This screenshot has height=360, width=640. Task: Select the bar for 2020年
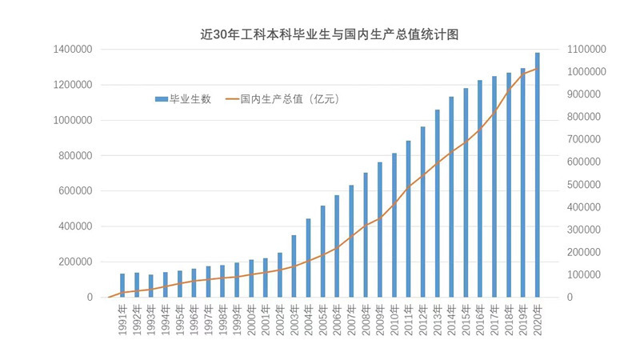click(x=537, y=175)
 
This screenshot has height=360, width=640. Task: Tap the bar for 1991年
click(x=122, y=286)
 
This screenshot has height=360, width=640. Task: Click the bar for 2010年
click(x=394, y=225)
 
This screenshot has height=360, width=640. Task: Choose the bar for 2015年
click(x=466, y=193)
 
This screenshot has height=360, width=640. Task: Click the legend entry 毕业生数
click(x=190, y=99)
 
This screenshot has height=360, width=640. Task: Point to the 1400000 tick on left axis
click(x=71, y=50)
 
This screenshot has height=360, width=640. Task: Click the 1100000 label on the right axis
click(x=588, y=50)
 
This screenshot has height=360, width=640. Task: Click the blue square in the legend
click(x=162, y=99)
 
